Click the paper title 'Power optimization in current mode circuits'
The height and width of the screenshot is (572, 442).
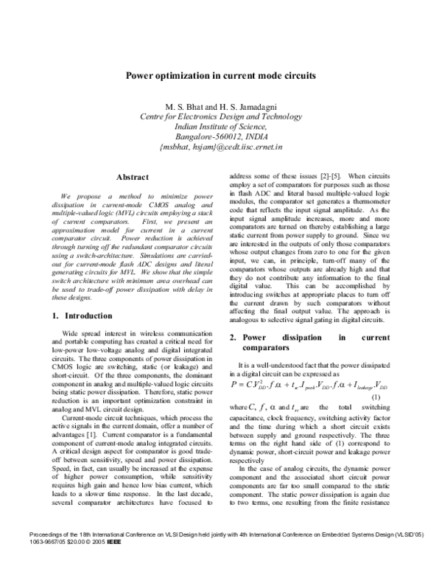click(x=220, y=75)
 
